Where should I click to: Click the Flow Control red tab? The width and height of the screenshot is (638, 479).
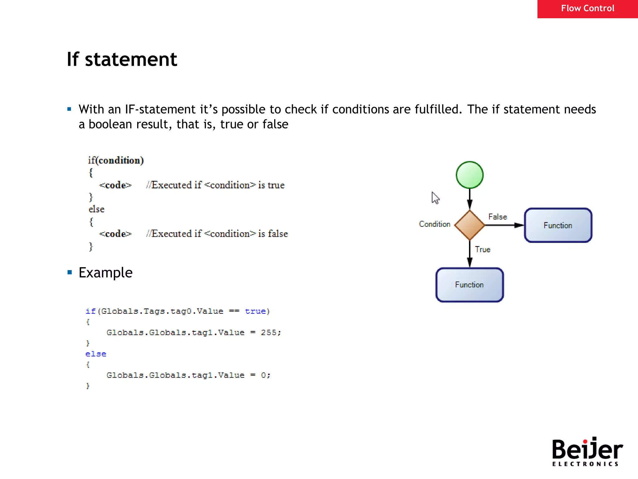(x=587, y=9)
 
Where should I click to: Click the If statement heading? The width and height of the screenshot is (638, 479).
(x=122, y=59)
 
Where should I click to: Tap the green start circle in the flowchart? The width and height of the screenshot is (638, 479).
(x=469, y=175)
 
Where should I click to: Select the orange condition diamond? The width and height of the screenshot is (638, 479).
(x=469, y=225)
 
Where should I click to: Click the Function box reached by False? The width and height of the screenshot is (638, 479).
(x=558, y=225)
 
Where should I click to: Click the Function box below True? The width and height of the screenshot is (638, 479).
(x=469, y=285)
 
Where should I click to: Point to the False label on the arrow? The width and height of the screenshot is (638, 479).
(x=498, y=217)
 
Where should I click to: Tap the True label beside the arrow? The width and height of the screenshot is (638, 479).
(x=483, y=249)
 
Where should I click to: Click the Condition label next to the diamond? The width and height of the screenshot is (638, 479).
(x=435, y=224)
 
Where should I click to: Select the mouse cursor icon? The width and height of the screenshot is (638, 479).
(x=435, y=198)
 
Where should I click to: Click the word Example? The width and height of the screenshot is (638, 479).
(x=106, y=273)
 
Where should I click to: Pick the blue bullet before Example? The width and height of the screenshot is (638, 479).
(x=70, y=273)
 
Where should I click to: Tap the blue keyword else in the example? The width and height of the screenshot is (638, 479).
(x=96, y=354)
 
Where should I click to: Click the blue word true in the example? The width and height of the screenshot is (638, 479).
(x=255, y=311)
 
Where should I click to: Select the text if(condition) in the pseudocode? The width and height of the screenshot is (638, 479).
(x=116, y=160)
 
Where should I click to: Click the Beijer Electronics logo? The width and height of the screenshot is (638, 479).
(x=587, y=452)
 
